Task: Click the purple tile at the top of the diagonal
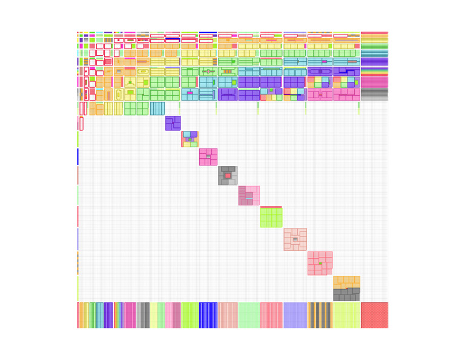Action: [173, 123]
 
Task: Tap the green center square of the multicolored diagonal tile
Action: [190, 139]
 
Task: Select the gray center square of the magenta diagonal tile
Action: [208, 157]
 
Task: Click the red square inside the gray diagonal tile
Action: [228, 175]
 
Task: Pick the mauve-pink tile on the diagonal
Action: [248, 195]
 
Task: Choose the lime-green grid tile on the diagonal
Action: [271, 217]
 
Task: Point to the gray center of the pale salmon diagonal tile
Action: [295, 239]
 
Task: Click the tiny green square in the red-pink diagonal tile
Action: [320, 263]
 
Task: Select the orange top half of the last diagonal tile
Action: [346, 282]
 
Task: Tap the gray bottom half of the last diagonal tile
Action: [346, 295]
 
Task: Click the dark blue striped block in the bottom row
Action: [208, 315]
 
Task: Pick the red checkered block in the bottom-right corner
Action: [374, 315]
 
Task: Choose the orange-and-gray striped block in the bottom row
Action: [319, 315]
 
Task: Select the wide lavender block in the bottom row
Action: [295, 315]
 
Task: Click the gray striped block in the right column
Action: [374, 95]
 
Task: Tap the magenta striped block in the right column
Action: [374, 82]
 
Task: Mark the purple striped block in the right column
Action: [374, 61]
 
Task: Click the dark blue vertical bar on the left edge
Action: [77, 156]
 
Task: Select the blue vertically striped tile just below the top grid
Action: [157, 108]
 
